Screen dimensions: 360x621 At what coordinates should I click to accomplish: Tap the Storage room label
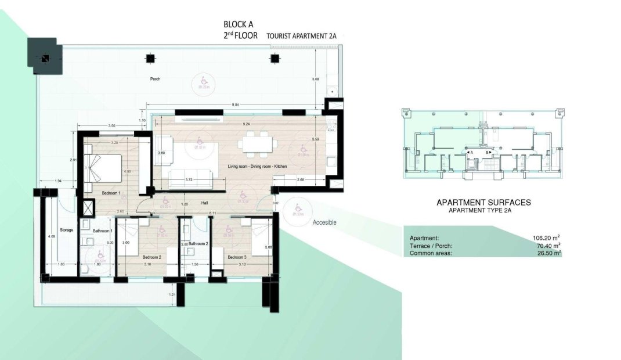67,231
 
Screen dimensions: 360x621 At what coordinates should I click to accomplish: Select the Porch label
154,79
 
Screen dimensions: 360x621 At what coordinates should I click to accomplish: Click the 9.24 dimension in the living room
237,124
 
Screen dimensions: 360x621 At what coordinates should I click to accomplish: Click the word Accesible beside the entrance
324,222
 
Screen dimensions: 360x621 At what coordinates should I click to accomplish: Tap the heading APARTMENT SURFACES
483,203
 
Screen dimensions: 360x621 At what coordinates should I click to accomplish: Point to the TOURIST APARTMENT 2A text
301,36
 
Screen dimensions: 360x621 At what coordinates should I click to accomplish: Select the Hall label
204,203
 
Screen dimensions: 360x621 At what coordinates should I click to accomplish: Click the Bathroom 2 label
197,243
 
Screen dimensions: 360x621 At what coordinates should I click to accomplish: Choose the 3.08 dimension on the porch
316,79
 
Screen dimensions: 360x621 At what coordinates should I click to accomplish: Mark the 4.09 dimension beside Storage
52,236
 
